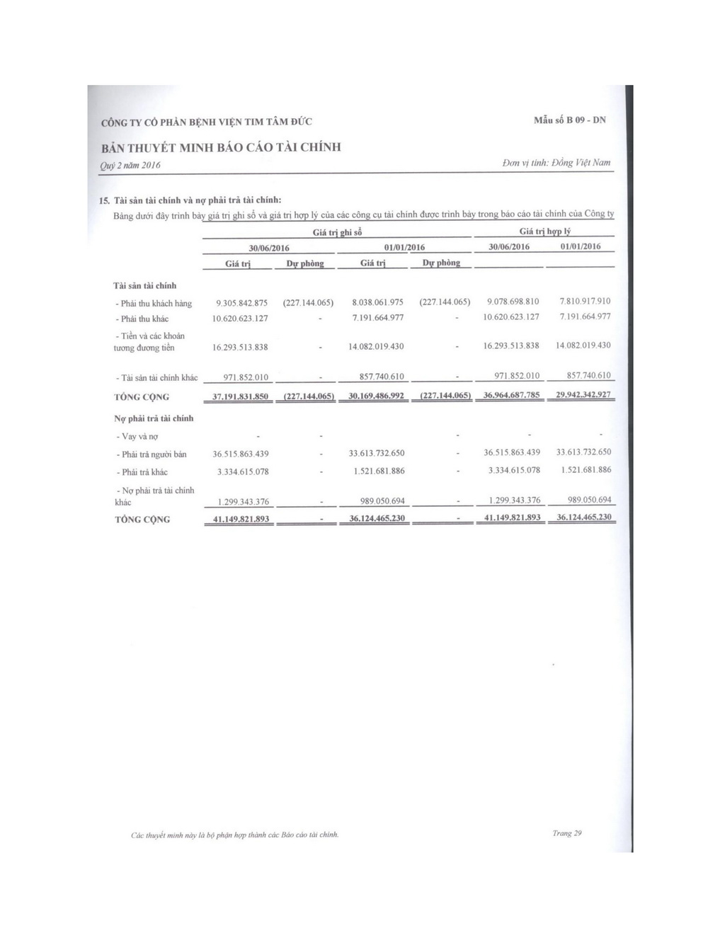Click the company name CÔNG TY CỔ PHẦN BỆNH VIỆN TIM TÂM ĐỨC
[x=207, y=122]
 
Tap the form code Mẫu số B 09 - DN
[x=570, y=120]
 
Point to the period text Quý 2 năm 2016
[x=131, y=165]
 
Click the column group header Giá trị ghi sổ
[x=337, y=233]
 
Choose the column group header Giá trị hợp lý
[x=544, y=231]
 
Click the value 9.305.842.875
[x=241, y=303]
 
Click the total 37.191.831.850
[x=241, y=396]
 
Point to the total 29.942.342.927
[x=583, y=394]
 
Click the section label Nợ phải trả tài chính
[x=154, y=418]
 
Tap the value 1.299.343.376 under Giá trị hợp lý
[x=514, y=501]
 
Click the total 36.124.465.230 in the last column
[x=583, y=517]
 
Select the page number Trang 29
[x=567, y=833]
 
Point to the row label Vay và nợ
[x=137, y=437]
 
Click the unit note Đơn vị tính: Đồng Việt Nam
[x=556, y=163]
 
